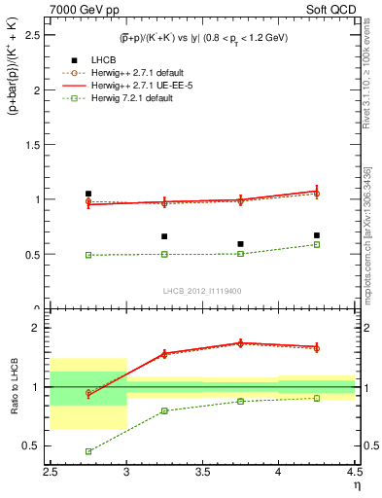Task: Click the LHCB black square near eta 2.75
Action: tap(88, 194)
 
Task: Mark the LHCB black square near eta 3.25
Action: tap(164, 236)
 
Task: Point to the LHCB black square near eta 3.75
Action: tap(240, 243)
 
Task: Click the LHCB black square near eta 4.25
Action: tap(316, 234)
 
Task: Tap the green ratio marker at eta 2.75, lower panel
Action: tap(88, 451)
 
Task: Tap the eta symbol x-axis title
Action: tap(357, 484)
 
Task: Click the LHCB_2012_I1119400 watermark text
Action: tap(202, 291)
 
